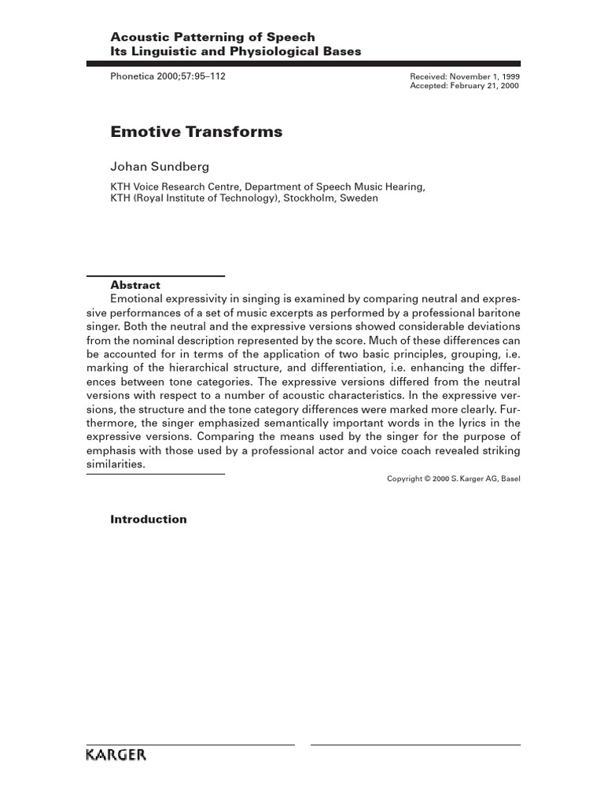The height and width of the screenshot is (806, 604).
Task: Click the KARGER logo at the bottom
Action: pyautogui.click(x=116, y=755)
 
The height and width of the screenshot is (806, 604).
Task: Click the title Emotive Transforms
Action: pyautogui.click(x=196, y=132)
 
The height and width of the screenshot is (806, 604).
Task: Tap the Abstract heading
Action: pyautogui.click(x=135, y=286)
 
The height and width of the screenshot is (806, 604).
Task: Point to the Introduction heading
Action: pyautogui.click(x=149, y=519)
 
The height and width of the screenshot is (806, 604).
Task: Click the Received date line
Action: pyautogui.click(x=465, y=77)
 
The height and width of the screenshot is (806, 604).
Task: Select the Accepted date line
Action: pyautogui.click(x=465, y=86)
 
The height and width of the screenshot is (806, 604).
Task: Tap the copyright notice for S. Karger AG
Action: pyautogui.click(x=454, y=479)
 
